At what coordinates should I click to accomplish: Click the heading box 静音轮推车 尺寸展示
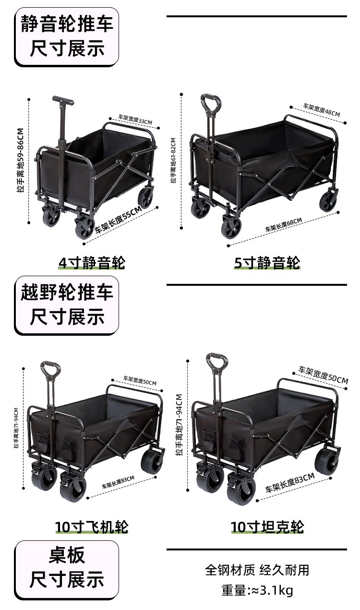coord(67,37)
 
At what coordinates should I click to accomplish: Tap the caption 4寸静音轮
coord(91,263)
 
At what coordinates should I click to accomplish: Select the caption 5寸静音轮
coord(267,263)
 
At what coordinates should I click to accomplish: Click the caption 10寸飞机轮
coord(92,527)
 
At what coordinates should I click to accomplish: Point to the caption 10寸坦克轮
coord(267,527)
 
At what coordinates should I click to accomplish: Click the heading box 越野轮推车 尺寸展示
coord(67,305)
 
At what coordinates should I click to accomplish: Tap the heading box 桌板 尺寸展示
coord(67,569)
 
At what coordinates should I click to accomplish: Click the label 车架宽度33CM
coord(135,120)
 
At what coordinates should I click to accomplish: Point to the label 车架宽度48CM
coord(321,110)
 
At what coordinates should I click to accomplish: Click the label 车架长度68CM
coord(284,224)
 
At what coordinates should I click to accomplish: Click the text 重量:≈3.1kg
coord(257,590)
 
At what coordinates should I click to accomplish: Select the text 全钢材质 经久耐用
coord(257,570)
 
